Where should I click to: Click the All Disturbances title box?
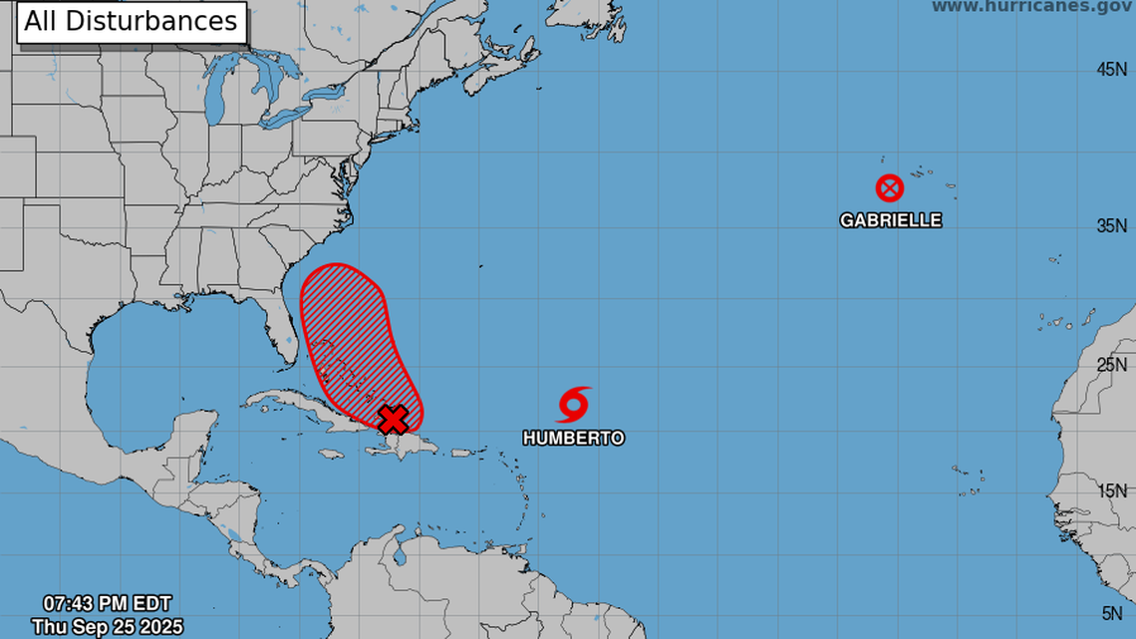tap(131, 22)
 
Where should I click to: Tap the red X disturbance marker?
tap(395, 418)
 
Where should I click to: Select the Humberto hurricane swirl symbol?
tap(573, 404)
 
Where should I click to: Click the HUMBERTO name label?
tap(574, 438)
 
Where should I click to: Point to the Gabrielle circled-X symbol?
tap(889, 187)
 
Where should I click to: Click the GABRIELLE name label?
tap(890, 220)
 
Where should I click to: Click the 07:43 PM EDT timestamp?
tap(107, 603)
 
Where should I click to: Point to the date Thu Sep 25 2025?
tap(107, 626)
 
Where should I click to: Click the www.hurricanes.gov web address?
tap(1032, 7)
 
